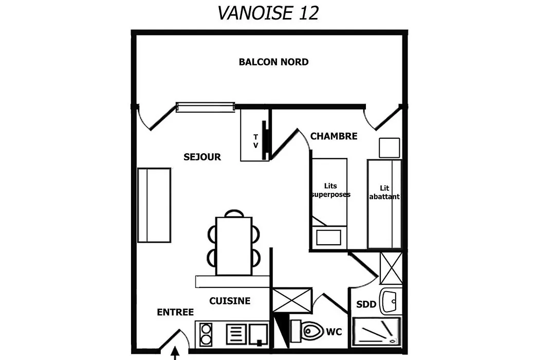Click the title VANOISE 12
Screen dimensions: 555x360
click(268, 13)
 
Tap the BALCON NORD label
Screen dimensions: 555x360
click(273, 62)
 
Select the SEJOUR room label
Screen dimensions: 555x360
click(202, 157)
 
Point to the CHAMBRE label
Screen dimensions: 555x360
click(334, 136)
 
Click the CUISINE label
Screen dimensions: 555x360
click(230, 301)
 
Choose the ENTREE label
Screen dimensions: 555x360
click(175, 312)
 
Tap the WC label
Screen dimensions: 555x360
click(334, 332)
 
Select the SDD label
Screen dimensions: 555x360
click(366, 304)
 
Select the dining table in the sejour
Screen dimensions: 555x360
click(234, 246)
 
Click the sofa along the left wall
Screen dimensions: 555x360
click(154, 205)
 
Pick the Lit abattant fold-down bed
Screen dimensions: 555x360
click(384, 204)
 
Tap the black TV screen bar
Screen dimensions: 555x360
click(264, 140)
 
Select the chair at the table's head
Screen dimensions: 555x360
click(234, 213)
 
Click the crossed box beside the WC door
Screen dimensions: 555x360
click(292, 300)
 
